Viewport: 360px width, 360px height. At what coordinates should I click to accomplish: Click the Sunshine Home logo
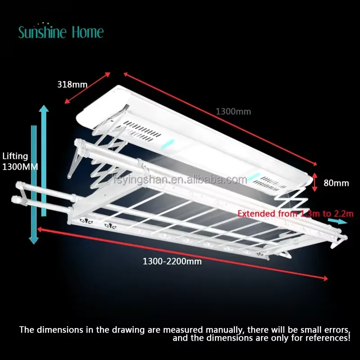click(61, 31)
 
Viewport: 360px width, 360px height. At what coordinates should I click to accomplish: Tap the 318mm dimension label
click(72, 85)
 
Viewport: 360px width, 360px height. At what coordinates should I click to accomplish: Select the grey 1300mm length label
click(233, 112)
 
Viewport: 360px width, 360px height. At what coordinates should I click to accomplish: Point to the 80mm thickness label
click(336, 183)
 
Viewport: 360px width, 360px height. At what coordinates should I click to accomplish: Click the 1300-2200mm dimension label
click(172, 261)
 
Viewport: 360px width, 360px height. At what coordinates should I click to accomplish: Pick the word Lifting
click(15, 156)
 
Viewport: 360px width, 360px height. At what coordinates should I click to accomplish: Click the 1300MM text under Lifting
click(20, 166)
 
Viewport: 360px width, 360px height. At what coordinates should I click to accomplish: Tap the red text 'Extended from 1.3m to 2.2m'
click(296, 214)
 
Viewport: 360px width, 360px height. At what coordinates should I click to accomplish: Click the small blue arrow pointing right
click(337, 221)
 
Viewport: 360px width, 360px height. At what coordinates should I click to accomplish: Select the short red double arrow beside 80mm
click(315, 182)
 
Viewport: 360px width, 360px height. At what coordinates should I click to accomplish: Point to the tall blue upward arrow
click(44, 161)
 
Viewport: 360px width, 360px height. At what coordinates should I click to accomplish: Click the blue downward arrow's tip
click(33, 244)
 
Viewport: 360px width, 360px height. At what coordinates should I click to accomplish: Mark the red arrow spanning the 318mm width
click(87, 88)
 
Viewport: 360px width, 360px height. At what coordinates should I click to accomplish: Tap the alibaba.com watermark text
click(180, 179)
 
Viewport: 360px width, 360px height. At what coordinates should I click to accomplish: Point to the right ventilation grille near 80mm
click(269, 184)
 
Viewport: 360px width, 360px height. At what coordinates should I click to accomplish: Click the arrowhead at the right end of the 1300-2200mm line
click(325, 279)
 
